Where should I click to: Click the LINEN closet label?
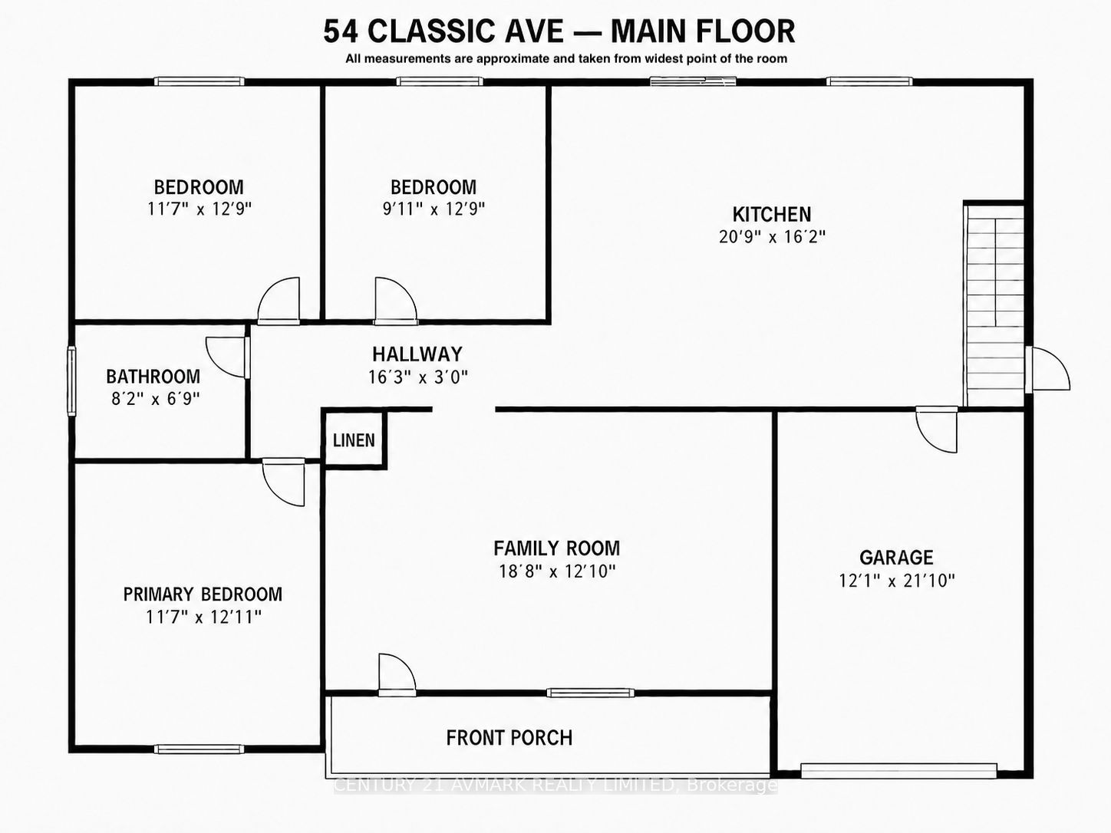[x=354, y=440]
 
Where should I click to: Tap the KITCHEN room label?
[x=771, y=215]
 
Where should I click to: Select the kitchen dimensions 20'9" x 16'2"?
[x=772, y=237]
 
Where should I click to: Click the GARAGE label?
[x=896, y=558]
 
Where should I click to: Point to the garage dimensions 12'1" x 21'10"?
[x=896, y=581]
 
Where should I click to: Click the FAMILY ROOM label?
[x=556, y=548]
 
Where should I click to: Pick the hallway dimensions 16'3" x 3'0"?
[x=417, y=377]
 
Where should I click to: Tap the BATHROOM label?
[x=153, y=377]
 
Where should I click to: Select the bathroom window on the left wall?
[x=72, y=381]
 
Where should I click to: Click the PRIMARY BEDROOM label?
[x=203, y=594]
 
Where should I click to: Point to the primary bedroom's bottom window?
[x=199, y=749]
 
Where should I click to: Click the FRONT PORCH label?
[x=509, y=738]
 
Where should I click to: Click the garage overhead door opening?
[x=898, y=771]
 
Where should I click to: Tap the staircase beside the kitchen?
[x=994, y=305]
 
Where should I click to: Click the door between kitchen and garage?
[x=937, y=430]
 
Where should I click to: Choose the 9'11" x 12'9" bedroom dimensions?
[x=434, y=209]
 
